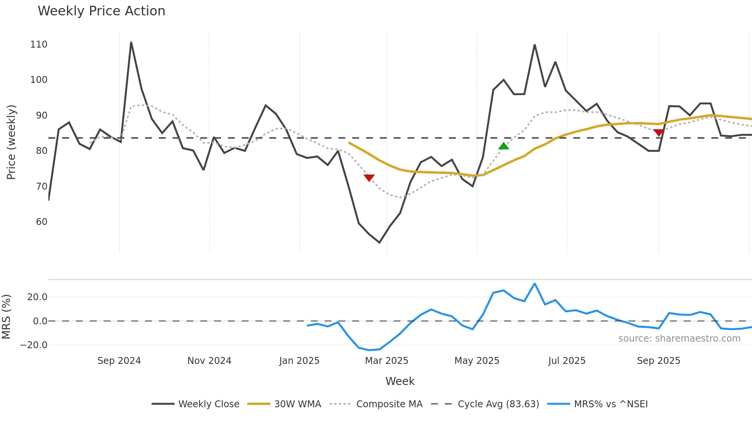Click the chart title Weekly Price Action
pyautogui.click(x=101, y=11)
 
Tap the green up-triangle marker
pyautogui.click(x=503, y=146)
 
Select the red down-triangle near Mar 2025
pyautogui.click(x=369, y=178)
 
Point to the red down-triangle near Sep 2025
pyautogui.click(x=658, y=133)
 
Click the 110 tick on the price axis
pyautogui.click(x=39, y=45)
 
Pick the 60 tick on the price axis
pyautogui.click(x=41, y=222)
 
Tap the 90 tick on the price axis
pyautogui.click(x=41, y=116)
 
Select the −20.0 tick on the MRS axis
pyautogui.click(x=34, y=345)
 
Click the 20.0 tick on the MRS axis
pyautogui.click(x=37, y=297)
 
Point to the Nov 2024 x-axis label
pyautogui.click(x=209, y=361)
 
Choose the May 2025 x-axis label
pyautogui.click(x=477, y=361)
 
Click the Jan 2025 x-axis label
pyautogui.click(x=299, y=361)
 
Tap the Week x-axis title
pyautogui.click(x=400, y=381)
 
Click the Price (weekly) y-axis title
pyautogui.click(x=12, y=142)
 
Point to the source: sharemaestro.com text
pyautogui.click(x=679, y=339)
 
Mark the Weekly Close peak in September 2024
pyautogui.click(x=131, y=43)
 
